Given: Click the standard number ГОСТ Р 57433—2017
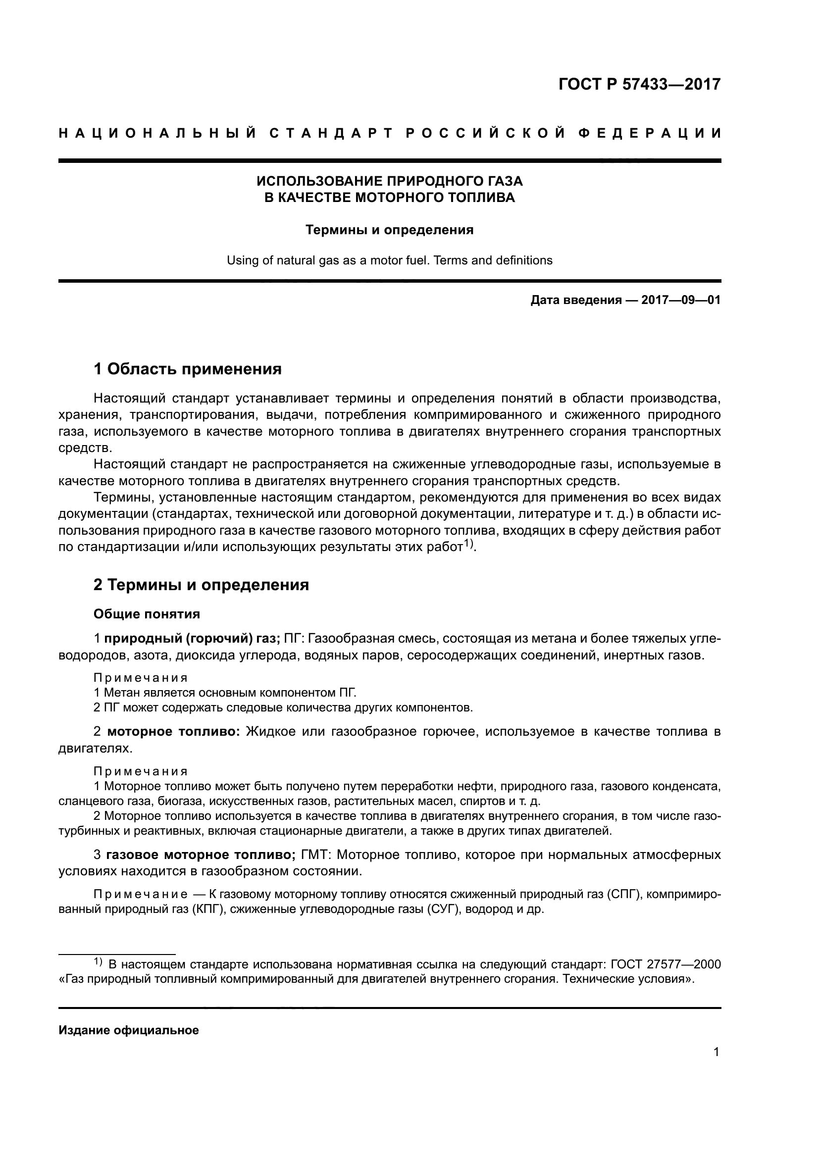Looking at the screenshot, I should tap(639, 84).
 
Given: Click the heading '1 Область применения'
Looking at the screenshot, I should tap(188, 369).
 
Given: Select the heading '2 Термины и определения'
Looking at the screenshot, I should tap(201, 585).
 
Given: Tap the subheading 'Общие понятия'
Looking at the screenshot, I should tap(147, 614).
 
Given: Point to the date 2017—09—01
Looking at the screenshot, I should tap(681, 301).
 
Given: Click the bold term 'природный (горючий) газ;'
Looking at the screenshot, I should tap(192, 639).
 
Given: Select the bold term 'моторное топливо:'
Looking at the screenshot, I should tap(174, 732).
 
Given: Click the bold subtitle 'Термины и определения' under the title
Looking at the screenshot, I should tap(389, 230).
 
